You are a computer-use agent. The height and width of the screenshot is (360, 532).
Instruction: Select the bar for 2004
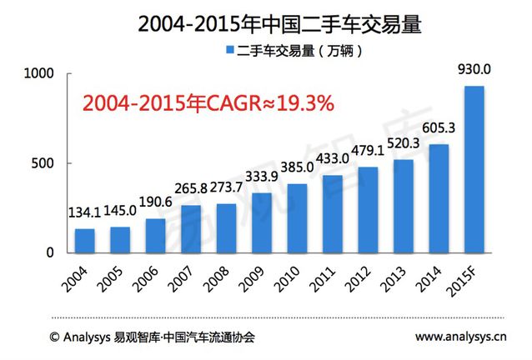[85, 240]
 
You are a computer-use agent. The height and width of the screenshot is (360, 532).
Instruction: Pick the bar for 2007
[191, 228]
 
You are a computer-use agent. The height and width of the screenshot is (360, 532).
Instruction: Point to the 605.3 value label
[439, 132]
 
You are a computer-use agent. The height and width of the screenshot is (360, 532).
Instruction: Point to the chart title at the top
[267, 22]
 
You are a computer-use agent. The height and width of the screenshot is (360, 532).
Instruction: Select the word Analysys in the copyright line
[93, 339]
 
